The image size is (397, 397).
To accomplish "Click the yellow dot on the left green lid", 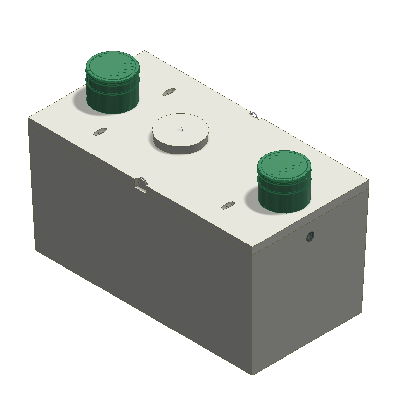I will [112, 66].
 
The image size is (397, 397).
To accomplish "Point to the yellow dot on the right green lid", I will [284, 164].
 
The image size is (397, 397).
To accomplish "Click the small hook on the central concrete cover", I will [180, 128].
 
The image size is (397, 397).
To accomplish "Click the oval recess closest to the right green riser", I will [228, 205].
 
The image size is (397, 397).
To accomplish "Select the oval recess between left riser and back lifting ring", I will [169, 92].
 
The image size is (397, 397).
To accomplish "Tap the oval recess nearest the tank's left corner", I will [100, 132].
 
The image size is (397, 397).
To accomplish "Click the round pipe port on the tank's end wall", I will [310, 236].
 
